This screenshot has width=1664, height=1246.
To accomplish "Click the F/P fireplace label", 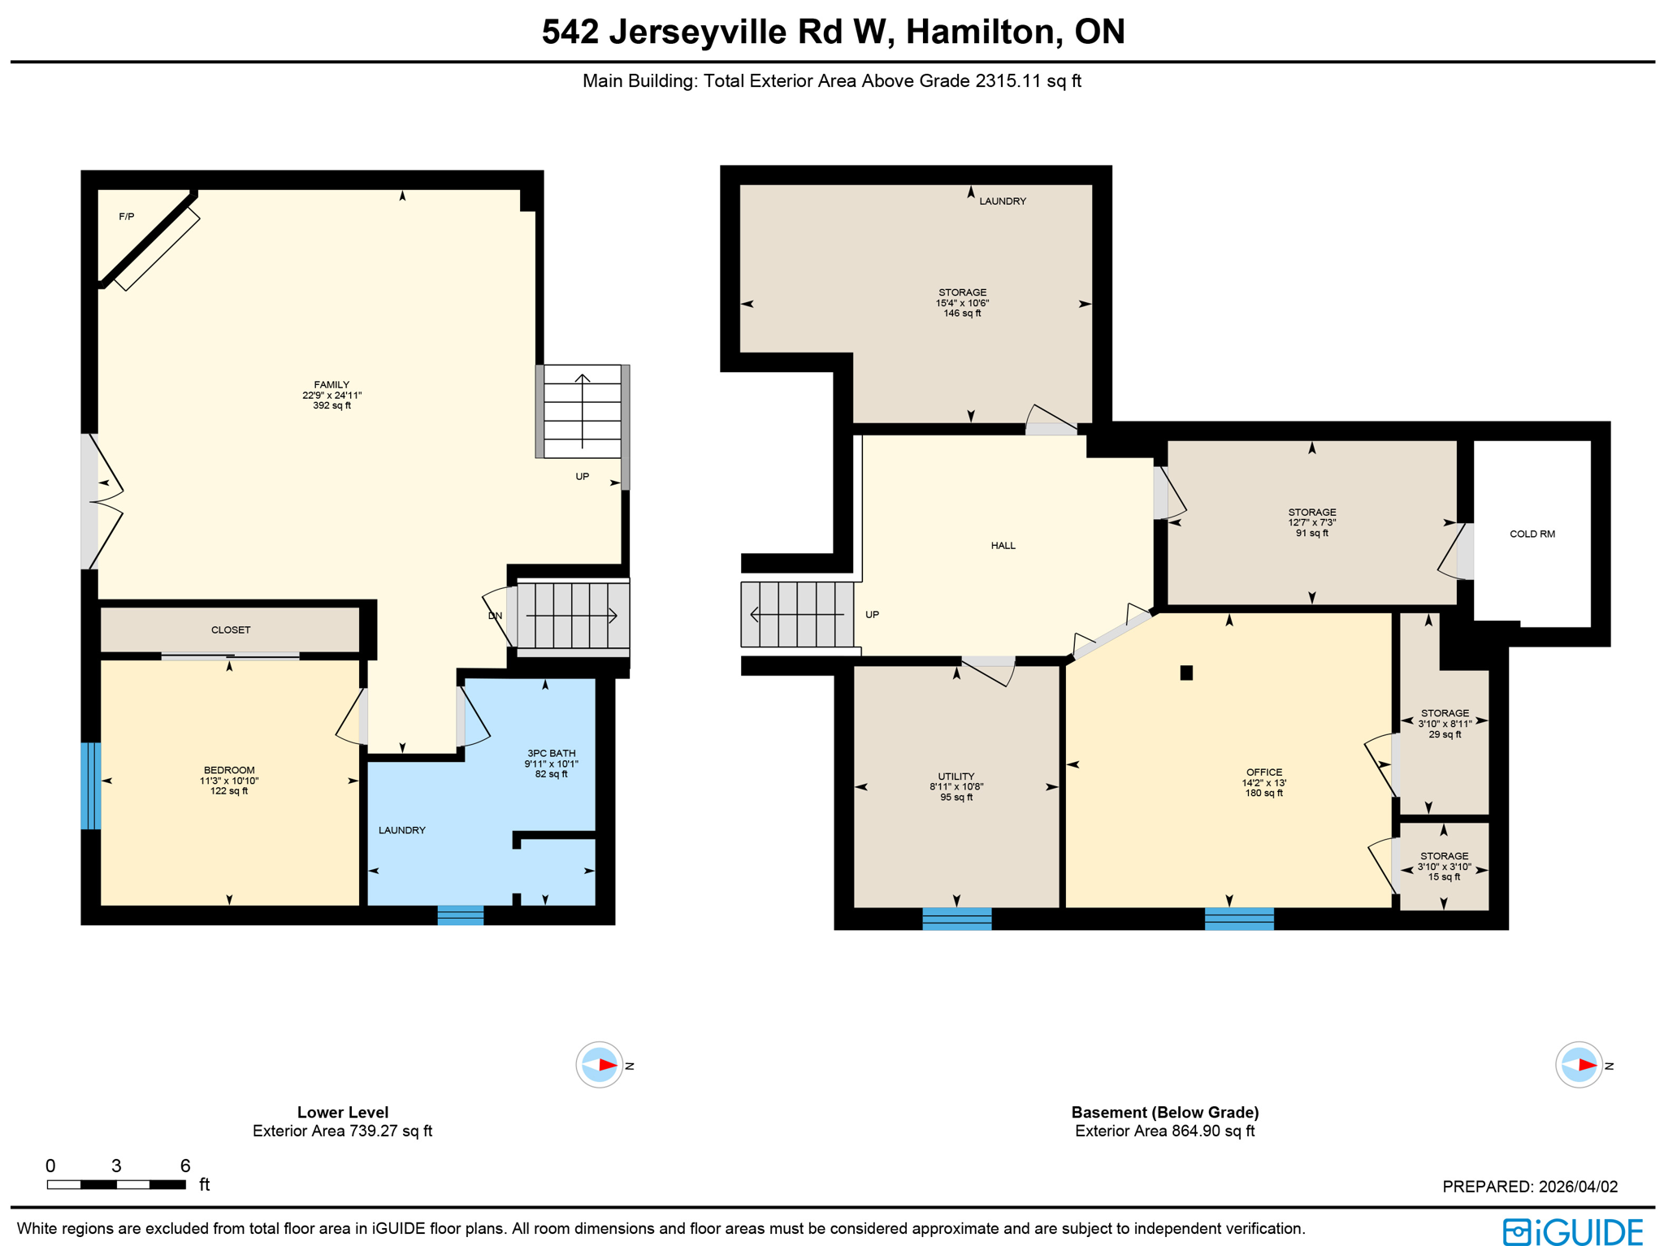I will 126,217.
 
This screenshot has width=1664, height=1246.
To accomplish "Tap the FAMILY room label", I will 331,385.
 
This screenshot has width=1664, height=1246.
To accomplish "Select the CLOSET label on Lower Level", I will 231,630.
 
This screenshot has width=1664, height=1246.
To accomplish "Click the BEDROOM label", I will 229,770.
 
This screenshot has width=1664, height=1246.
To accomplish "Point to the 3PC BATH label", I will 551,753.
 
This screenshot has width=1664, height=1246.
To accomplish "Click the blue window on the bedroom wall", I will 90,785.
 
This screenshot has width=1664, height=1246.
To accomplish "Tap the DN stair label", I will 495,616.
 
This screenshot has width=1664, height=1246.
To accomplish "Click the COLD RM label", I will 1532,534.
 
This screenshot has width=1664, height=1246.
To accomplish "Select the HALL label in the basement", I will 1003,546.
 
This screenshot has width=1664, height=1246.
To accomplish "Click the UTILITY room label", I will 955,777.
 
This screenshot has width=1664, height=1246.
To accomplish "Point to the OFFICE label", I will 1263,772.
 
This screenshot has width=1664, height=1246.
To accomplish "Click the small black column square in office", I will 1185,673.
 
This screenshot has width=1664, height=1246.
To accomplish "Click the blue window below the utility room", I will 956,919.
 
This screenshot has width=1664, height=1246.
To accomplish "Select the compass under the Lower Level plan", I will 600,1064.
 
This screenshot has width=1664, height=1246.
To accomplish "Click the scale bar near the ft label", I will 116,1184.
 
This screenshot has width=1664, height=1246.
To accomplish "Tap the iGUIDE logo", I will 1572,1231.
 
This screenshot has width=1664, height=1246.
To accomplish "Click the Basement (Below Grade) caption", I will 1164,1112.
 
